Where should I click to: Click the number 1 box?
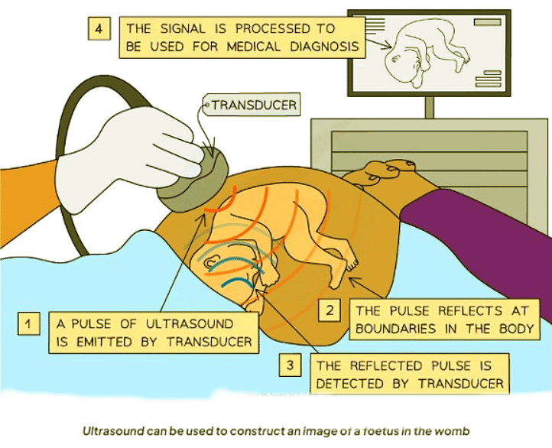[x=28, y=323]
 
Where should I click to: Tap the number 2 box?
[x=330, y=310]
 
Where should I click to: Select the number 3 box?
[x=290, y=365]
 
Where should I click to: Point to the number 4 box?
[x=99, y=28]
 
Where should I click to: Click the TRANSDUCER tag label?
[x=252, y=105]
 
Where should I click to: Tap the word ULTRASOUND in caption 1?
[x=190, y=324]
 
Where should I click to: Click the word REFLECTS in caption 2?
[x=470, y=310]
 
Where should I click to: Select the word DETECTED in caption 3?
[x=349, y=383]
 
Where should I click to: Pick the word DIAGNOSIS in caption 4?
[x=324, y=47]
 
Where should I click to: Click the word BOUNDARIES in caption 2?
[x=396, y=329]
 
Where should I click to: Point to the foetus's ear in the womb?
[x=211, y=262]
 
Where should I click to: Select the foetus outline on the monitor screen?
[x=427, y=53]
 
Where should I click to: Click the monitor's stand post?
[x=429, y=107]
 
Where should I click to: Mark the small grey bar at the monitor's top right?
[x=487, y=22]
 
